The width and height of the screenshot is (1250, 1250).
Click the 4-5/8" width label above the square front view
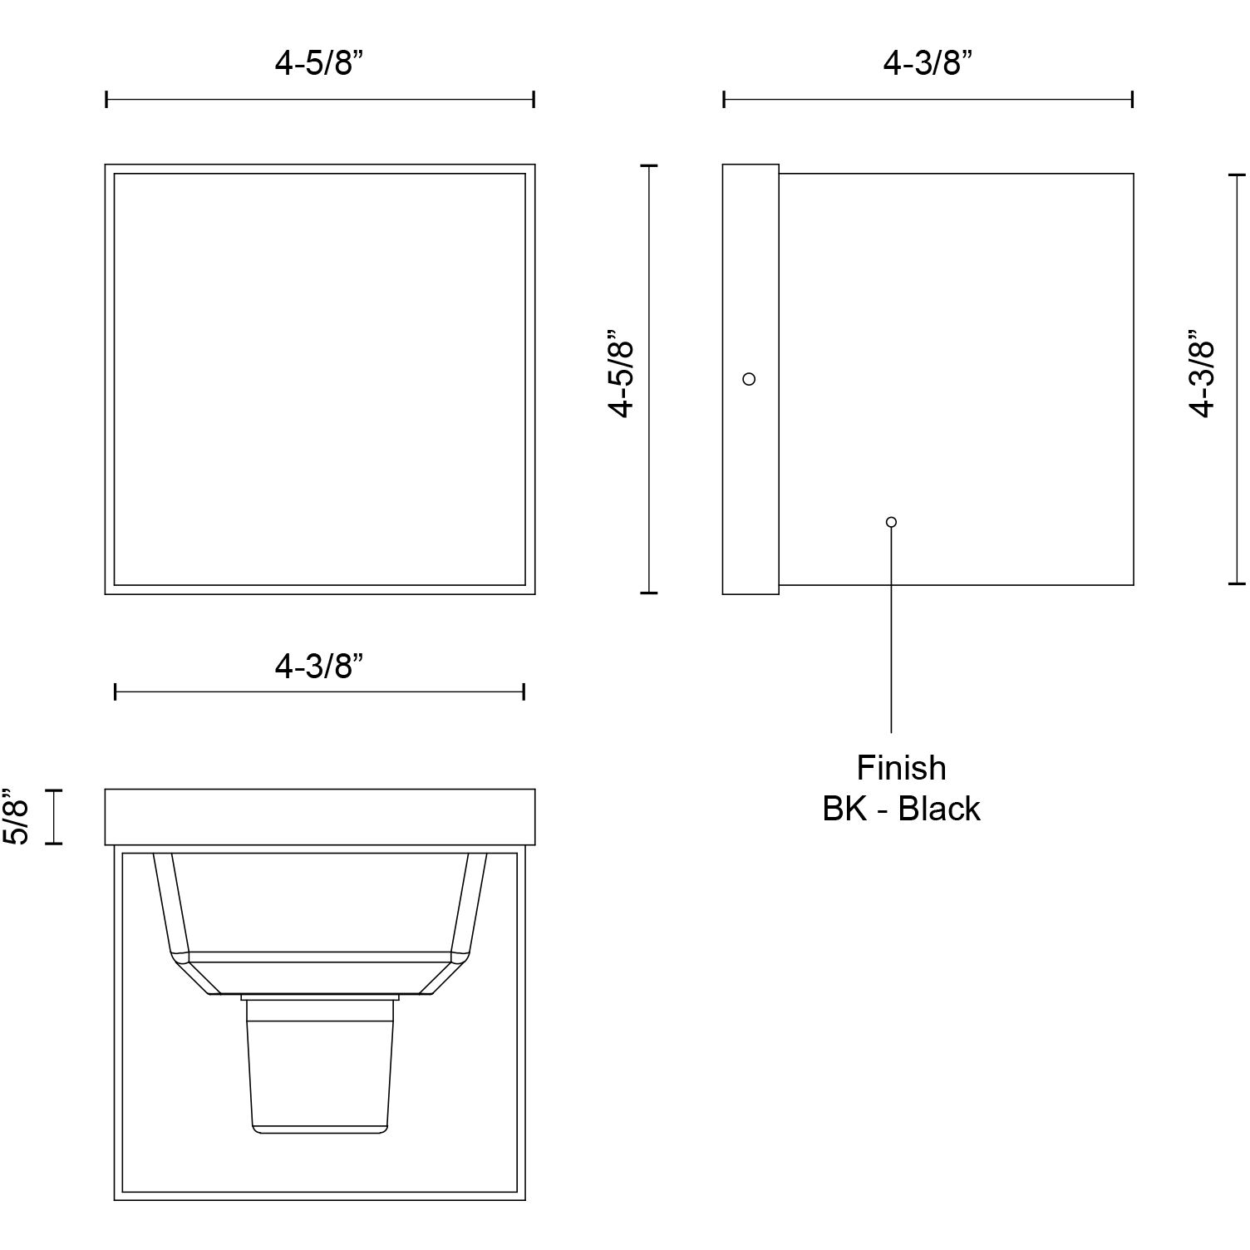319,63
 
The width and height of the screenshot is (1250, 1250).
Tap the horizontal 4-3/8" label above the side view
928,63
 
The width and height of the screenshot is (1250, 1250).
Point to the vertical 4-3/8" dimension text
1202,378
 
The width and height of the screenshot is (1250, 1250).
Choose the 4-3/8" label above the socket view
319,666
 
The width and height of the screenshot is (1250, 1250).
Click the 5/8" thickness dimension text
17,817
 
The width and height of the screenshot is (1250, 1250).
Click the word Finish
901,768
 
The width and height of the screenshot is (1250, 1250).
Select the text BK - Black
901,809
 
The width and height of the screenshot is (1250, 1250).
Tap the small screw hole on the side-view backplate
749,379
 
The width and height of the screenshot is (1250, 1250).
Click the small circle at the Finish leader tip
891,522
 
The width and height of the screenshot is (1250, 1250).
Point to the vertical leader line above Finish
891,632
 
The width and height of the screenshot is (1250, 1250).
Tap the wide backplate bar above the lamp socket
319,817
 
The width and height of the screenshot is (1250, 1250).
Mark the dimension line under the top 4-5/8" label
319,100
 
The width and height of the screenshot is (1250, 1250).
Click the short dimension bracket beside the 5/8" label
54,817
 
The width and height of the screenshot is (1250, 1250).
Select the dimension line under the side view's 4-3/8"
928,100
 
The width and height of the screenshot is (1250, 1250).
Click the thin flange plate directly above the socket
319,997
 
